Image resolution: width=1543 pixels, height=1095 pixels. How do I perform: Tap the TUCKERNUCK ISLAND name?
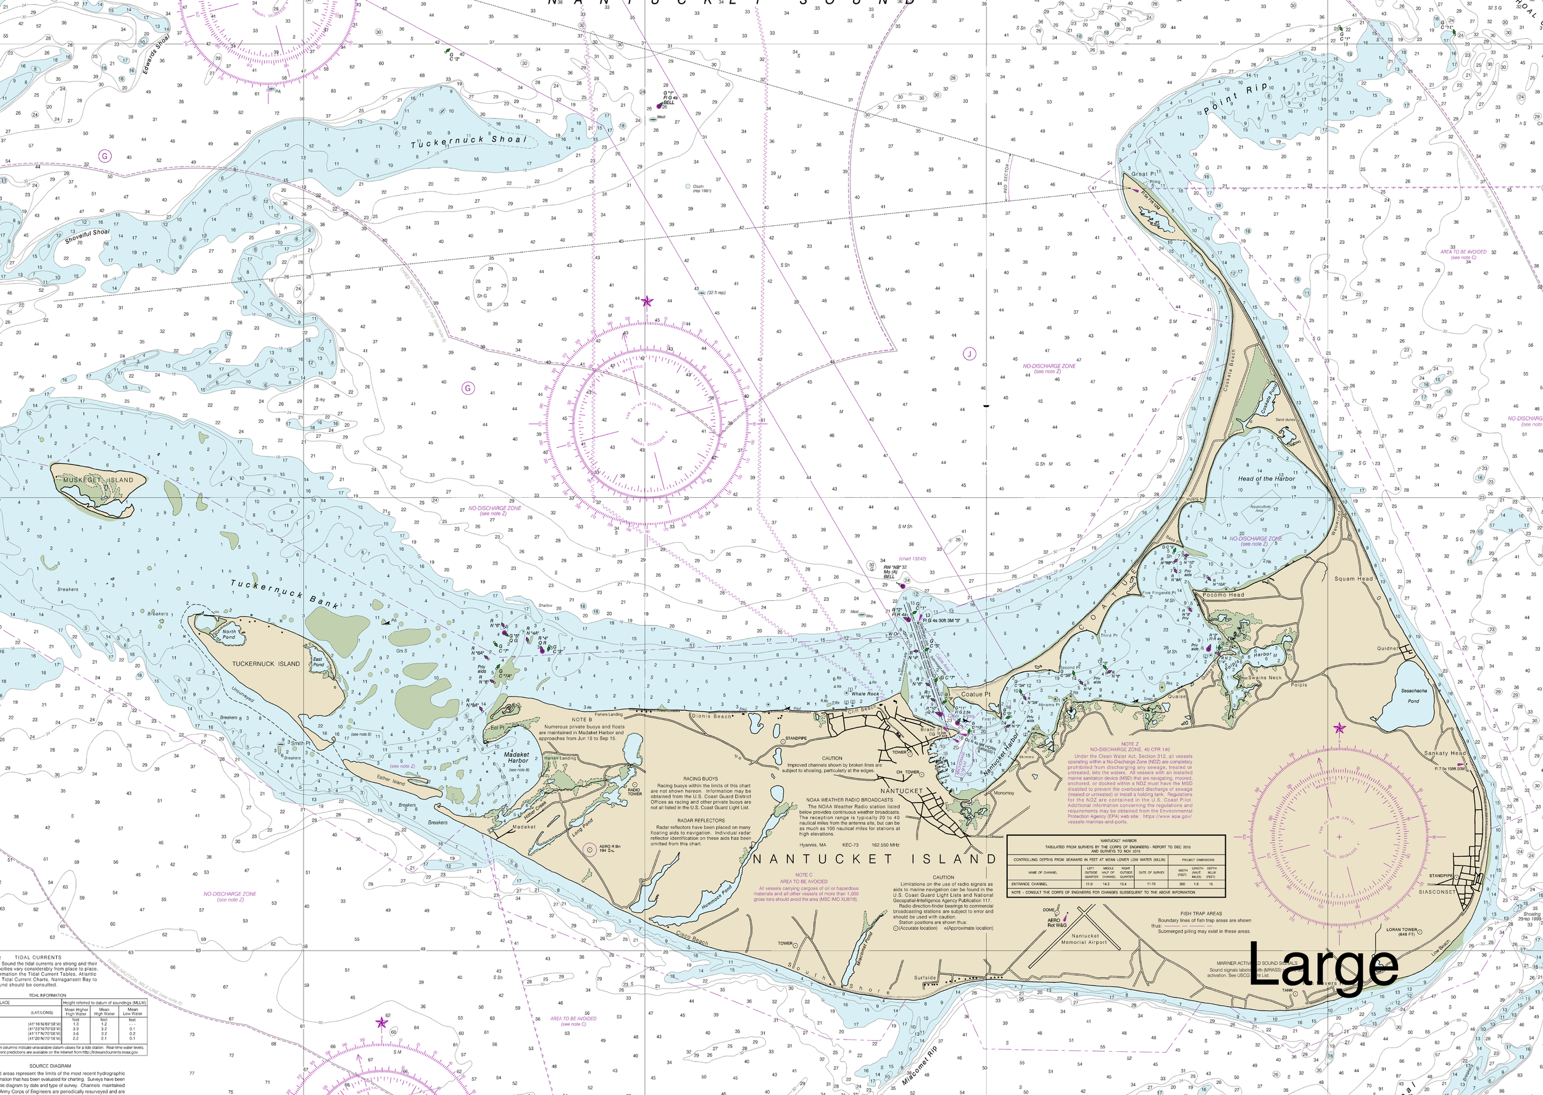[267, 663]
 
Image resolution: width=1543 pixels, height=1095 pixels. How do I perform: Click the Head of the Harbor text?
[1266, 479]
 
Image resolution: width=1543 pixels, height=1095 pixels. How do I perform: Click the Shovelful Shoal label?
[87, 236]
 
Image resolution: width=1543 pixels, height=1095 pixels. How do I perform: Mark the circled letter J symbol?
[969, 354]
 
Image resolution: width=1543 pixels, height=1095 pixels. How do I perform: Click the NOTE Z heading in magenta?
[1129, 745]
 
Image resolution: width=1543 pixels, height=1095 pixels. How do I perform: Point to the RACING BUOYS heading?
[700, 778]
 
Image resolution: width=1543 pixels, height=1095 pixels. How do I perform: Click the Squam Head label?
[1354, 579]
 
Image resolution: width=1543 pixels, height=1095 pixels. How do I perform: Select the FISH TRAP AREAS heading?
[1201, 914]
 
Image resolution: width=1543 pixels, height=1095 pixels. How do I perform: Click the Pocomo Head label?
[1223, 595]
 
